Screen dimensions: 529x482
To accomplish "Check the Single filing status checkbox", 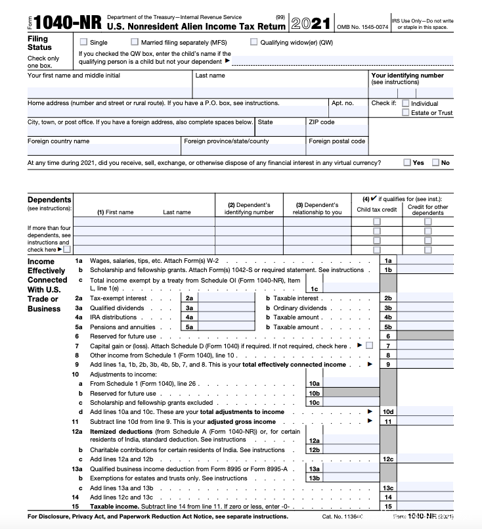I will click(83, 42).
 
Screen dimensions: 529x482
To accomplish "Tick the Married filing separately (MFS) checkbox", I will click(134, 42).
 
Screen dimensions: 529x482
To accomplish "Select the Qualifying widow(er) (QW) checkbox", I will click(253, 42).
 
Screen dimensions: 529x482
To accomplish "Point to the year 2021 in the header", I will click(310, 24).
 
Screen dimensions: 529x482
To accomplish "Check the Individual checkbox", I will click(406, 103).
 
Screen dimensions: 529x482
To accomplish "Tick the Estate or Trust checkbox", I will click(406, 112).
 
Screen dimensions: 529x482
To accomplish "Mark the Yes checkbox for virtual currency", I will click(408, 162).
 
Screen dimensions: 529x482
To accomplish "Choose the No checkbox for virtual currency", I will click(436, 162).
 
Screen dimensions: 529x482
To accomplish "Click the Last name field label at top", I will click(210, 76).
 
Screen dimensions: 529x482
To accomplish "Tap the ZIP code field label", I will click(322, 122).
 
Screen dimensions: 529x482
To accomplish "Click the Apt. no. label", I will click(343, 103).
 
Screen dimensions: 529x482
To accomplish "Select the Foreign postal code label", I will click(337, 141).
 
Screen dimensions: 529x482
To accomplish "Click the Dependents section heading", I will click(49, 200).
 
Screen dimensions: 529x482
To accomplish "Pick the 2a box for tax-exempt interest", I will click(189, 298).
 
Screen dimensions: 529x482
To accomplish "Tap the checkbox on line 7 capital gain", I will click(369, 346).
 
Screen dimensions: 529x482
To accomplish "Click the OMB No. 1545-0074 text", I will click(362, 26).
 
